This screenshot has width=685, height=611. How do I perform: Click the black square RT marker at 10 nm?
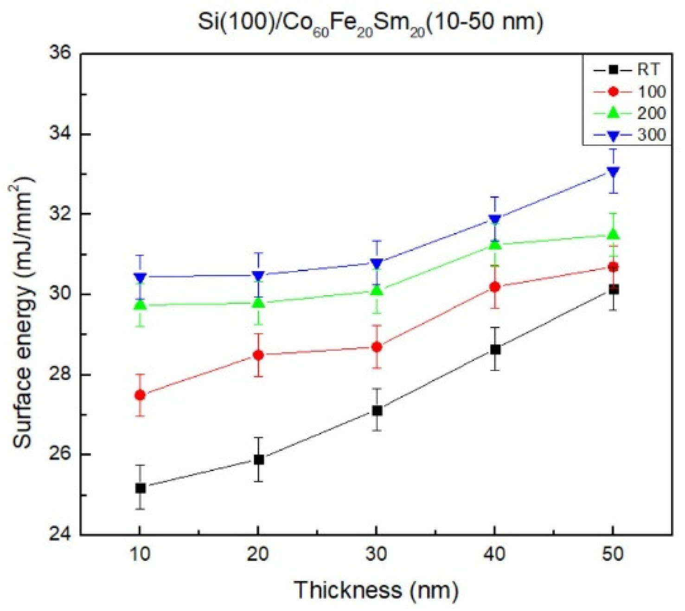coord(140,488)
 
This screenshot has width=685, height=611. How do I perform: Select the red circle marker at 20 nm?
coord(258,355)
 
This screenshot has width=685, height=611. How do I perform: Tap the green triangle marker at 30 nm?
coord(377,290)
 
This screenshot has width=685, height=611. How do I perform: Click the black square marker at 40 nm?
coord(495,349)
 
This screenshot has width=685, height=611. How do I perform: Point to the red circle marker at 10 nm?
coord(140,395)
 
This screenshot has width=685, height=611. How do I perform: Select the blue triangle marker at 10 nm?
coord(140,277)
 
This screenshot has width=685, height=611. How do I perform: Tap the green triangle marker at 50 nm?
coord(613,234)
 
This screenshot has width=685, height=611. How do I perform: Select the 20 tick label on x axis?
coord(258,554)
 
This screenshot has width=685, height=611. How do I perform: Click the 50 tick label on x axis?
coord(613,554)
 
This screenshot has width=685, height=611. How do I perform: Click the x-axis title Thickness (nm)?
coord(376,590)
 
